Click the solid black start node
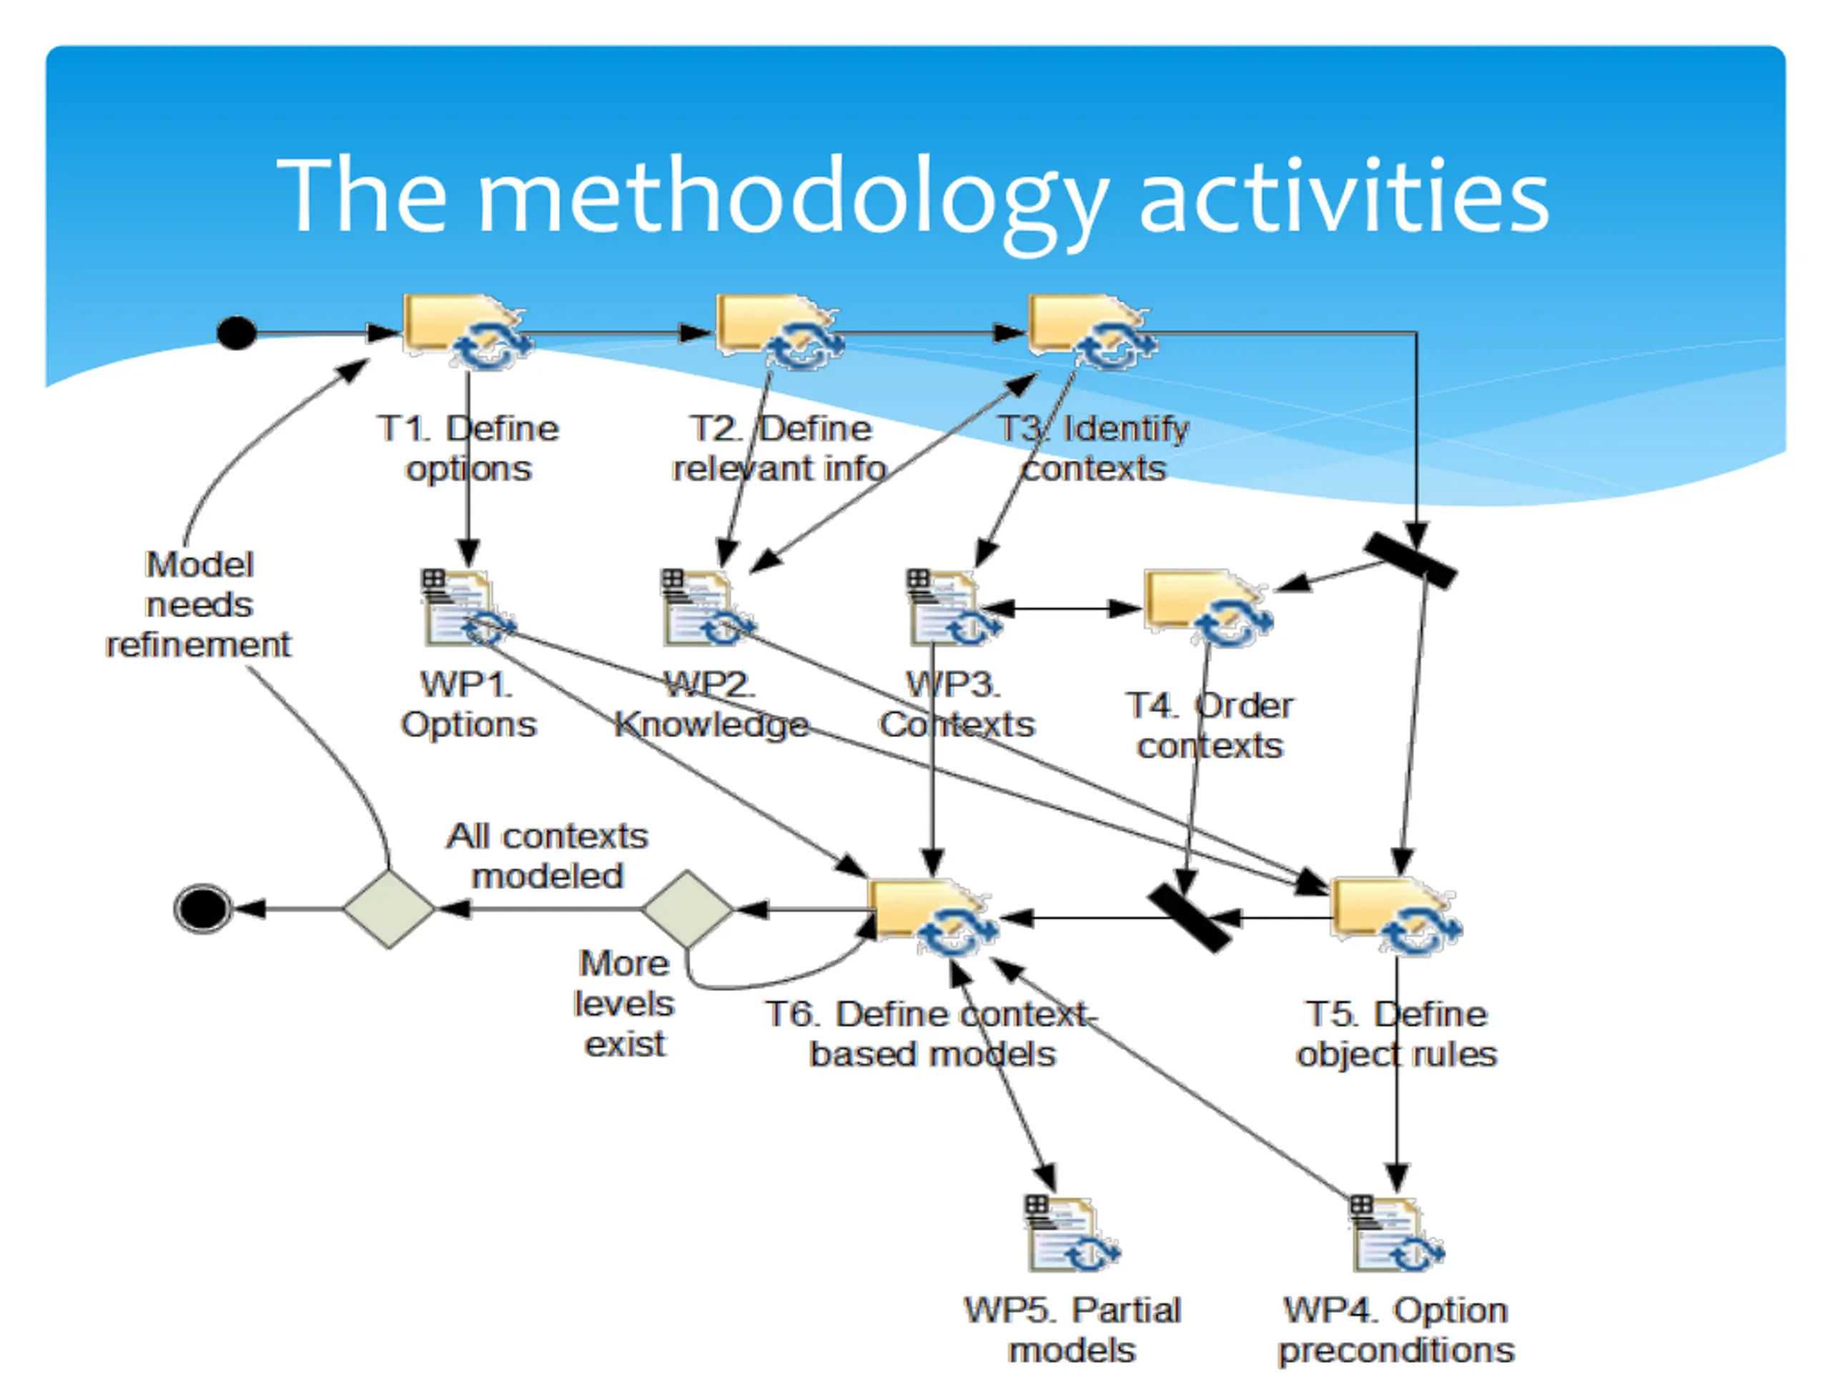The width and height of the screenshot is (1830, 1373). pos(236,333)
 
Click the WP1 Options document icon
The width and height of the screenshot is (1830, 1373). pos(468,609)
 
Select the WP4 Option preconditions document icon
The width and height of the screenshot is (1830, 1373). pos(1397,1233)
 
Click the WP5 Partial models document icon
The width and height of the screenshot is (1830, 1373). pos(1072,1233)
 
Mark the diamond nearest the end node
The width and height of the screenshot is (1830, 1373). pos(389,909)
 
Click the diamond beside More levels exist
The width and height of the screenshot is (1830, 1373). pos(688,909)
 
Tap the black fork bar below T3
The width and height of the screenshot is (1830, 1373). pos(1410,561)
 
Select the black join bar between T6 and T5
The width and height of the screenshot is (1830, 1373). pos(1189,917)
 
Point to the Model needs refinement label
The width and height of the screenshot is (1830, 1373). pos(199,604)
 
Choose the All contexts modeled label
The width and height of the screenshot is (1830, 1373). pos(547,856)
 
